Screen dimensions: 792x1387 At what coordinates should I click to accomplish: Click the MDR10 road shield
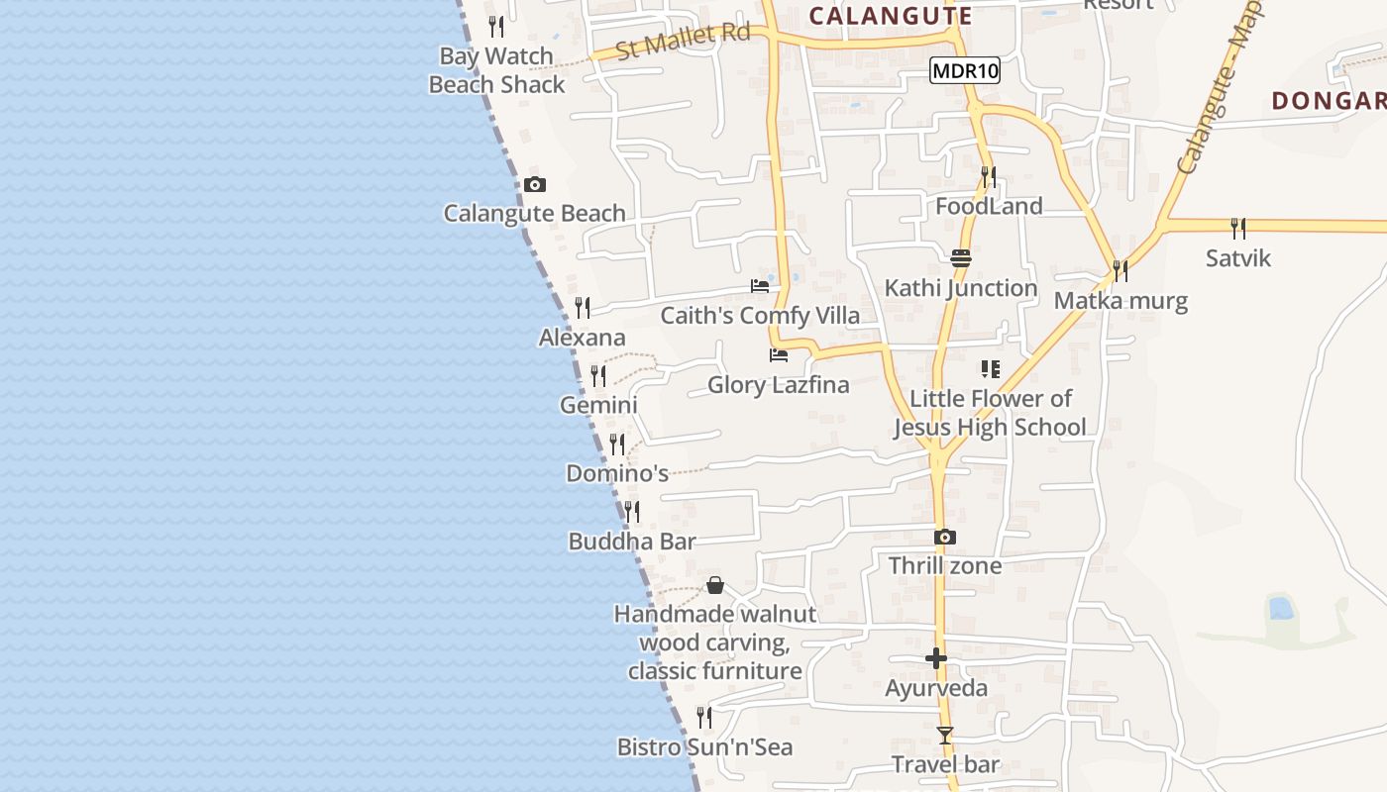(x=965, y=70)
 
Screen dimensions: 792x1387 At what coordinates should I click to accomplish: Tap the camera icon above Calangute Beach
(x=535, y=184)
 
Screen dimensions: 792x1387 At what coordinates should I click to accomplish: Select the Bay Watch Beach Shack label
(x=496, y=70)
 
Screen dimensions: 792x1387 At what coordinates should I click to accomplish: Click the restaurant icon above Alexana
(x=583, y=308)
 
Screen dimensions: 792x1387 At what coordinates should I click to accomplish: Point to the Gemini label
(x=598, y=405)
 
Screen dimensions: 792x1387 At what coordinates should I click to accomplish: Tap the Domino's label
(x=617, y=473)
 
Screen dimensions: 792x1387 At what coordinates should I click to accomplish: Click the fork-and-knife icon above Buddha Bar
(x=631, y=512)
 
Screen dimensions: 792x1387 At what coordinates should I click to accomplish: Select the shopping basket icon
(x=715, y=585)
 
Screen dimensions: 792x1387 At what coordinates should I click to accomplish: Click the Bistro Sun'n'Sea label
(x=704, y=746)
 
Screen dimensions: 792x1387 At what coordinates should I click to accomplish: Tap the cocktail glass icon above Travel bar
(x=945, y=736)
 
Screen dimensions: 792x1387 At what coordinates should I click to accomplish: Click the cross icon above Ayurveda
(x=936, y=658)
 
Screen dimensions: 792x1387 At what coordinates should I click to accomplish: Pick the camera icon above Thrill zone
(x=945, y=537)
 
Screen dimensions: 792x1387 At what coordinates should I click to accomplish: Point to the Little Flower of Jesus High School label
(x=990, y=413)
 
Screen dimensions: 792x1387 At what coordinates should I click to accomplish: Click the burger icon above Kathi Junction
(x=961, y=258)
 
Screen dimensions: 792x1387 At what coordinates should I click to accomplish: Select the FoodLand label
(x=989, y=206)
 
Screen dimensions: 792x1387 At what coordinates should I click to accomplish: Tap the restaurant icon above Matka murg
(x=1120, y=270)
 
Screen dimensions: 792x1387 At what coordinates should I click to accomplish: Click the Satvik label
(x=1237, y=258)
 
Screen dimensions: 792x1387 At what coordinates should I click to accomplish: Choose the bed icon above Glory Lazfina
(x=779, y=354)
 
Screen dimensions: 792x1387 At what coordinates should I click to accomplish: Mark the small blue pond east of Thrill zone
(x=1281, y=608)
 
